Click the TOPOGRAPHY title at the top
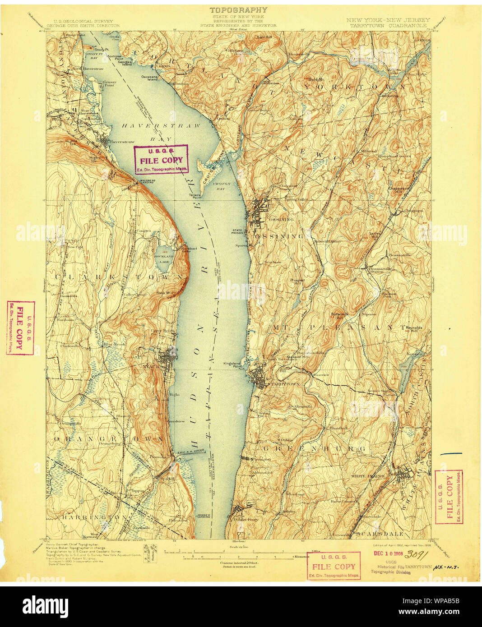pyautogui.click(x=238, y=9)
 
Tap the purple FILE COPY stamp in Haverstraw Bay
pyautogui.click(x=161, y=159)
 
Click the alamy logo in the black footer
pyautogui.click(x=45, y=605)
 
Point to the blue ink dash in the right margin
pyautogui.click(x=451, y=452)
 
